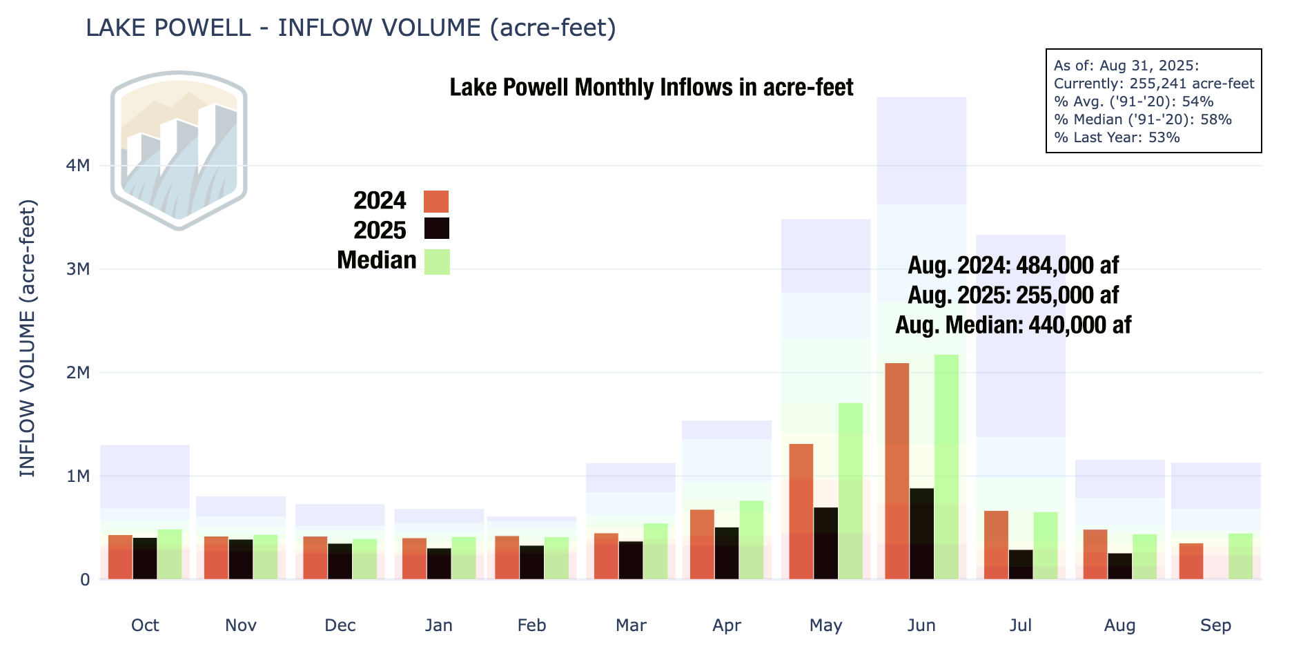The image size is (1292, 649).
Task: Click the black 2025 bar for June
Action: (x=921, y=534)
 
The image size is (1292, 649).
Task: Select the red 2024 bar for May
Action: (x=801, y=511)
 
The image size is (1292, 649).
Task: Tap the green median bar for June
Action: (x=946, y=467)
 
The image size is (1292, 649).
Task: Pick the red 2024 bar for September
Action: (x=1191, y=561)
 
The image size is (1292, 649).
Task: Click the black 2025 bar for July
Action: (x=1021, y=564)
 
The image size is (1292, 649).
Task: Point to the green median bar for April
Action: (x=751, y=540)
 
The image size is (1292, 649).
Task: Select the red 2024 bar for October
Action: (x=120, y=556)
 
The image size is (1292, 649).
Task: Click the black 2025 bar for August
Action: (x=1119, y=566)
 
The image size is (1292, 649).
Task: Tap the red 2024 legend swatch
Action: (x=436, y=202)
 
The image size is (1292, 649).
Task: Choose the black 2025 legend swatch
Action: (x=436, y=229)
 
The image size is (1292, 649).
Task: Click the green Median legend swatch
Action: (x=437, y=262)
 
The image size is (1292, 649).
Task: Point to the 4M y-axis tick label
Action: (x=78, y=166)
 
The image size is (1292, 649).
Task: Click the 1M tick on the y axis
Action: (x=78, y=476)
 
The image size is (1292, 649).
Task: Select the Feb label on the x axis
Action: (x=531, y=626)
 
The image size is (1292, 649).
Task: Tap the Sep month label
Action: (x=1215, y=626)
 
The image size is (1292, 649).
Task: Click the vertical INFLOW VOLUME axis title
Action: (x=28, y=338)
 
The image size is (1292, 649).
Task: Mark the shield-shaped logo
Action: (x=179, y=150)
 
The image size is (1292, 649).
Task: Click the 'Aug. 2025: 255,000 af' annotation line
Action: (x=1012, y=296)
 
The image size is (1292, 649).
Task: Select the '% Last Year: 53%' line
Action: (x=1117, y=137)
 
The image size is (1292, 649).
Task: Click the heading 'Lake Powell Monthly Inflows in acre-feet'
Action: (x=652, y=88)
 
